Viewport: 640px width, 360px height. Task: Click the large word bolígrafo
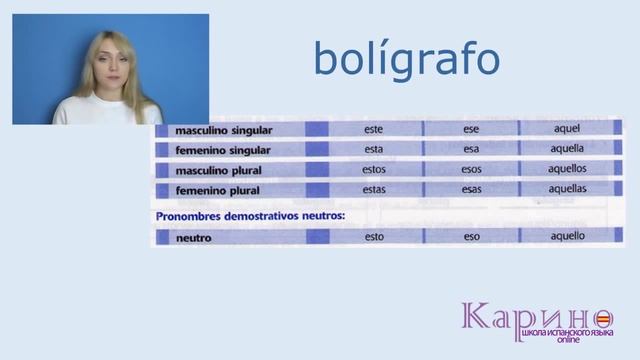coord(406,59)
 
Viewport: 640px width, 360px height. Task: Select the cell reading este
coord(374,129)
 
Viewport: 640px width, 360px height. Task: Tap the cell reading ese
coord(471,129)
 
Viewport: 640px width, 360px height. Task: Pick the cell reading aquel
coord(567,129)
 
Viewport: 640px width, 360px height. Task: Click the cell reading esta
coord(374,149)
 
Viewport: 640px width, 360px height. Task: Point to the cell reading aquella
coord(567,149)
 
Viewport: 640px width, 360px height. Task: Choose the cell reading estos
coord(374,169)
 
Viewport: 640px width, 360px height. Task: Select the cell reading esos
coord(471,169)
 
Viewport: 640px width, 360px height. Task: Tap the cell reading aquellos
coord(567,168)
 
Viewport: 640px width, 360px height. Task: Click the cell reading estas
coord(374,188)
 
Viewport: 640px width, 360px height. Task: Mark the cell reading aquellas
coord(567,188)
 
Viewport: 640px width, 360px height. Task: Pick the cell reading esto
coord(374,237)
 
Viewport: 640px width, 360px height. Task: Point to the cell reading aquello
coord(567,236)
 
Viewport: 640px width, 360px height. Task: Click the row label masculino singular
coord(223,130)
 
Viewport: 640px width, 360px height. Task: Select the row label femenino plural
coord(216,189)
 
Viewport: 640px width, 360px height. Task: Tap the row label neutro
coord(193,238)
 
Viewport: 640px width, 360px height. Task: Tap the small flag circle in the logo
coord(605,321)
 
